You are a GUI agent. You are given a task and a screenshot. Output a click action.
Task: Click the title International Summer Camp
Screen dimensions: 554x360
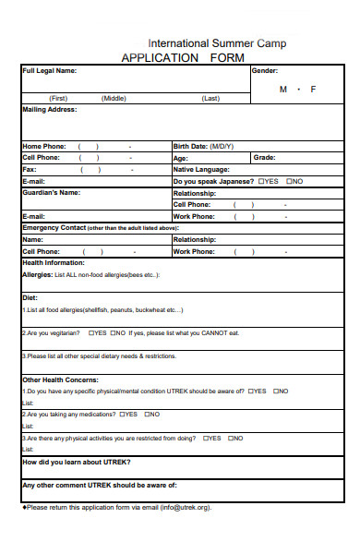(217, 43)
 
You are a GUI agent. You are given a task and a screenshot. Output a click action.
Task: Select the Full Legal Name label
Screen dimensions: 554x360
(50, 71)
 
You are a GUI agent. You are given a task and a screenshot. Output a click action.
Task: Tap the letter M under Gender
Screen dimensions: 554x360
(283, 90)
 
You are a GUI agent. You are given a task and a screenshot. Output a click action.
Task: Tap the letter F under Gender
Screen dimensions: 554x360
(313, 90)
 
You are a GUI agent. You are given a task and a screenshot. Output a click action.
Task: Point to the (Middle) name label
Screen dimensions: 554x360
(114, 98)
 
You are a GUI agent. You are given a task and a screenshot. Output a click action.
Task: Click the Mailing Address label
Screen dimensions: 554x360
(50, 109)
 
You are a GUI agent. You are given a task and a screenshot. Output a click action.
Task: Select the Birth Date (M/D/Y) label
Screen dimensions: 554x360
(204, 146)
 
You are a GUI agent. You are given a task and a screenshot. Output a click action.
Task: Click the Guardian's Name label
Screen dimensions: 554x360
(51, 193)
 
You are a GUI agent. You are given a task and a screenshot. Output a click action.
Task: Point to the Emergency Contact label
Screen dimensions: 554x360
(54, 227)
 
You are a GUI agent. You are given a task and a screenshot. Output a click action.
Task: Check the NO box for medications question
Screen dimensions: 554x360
(144, 415)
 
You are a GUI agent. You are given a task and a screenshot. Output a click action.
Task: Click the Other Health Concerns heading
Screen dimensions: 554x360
(60, 379)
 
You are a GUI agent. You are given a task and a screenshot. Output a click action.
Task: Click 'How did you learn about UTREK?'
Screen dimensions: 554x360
(77, 461)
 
